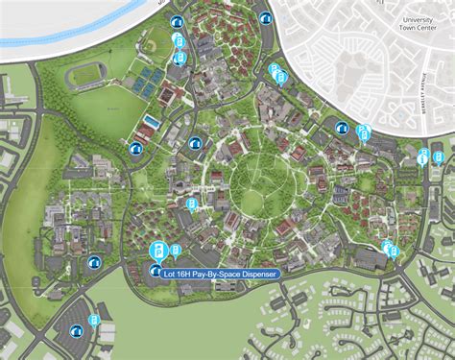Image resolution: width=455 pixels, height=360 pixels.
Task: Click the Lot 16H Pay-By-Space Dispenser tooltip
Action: click(x=221, y=274)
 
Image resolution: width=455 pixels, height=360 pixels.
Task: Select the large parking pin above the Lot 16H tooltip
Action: click(x=159, y=252)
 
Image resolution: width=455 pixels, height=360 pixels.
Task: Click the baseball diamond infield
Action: click(x=154, y=43)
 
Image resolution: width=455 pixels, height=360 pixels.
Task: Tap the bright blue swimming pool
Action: click(x=152, y=122)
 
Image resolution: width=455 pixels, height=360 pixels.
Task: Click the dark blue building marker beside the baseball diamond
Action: click(x=175, y=22)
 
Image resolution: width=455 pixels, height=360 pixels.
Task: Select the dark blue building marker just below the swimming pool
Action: click(x=135, y=149)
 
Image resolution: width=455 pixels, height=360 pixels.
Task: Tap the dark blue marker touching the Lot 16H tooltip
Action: click(x=156, y=272)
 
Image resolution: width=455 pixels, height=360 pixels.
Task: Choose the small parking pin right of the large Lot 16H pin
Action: click(x=177, y=252)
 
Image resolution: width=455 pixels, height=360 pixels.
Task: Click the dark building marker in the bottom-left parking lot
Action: click(x=75, y=332)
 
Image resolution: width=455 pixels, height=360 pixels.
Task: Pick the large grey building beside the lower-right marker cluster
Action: click(x=370, y=257)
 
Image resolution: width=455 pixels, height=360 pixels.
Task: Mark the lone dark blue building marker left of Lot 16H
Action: click(x=94, y=262)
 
